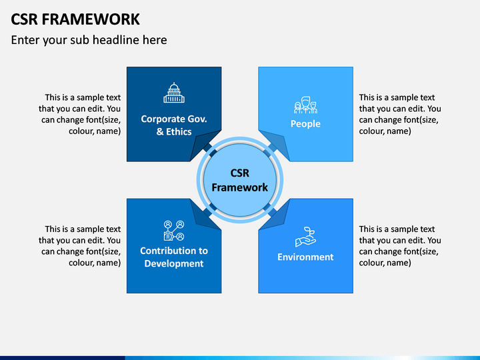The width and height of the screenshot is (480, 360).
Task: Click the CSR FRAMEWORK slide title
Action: tap(75, 19)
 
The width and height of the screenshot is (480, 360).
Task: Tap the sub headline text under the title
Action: tap(89, 40)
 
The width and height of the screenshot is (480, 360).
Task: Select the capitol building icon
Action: tap(174, 93)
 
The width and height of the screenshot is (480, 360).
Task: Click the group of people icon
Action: tap(305, 105)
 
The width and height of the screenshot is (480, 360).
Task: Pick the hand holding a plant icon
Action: tap(305, 237)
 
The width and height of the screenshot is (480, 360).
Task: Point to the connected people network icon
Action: tap(174, 231)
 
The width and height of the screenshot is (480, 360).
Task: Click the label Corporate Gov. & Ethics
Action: tap(174, 125)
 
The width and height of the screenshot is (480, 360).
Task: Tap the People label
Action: tap(305, 124)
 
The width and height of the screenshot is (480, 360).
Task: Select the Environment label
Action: tap(305, 257)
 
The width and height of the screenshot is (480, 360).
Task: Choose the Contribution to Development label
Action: tap(174, 257)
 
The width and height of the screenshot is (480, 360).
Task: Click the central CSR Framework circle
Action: tap(240, 180)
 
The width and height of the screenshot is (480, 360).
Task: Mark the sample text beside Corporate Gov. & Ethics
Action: tap(79, 114)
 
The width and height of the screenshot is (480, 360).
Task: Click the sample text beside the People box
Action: tap(400, 114)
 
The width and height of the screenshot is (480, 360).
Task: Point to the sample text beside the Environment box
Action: tap(400, 246)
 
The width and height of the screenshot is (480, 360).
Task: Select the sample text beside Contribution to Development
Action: tap(79, 246)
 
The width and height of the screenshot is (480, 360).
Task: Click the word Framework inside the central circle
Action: tap(240, 187)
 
